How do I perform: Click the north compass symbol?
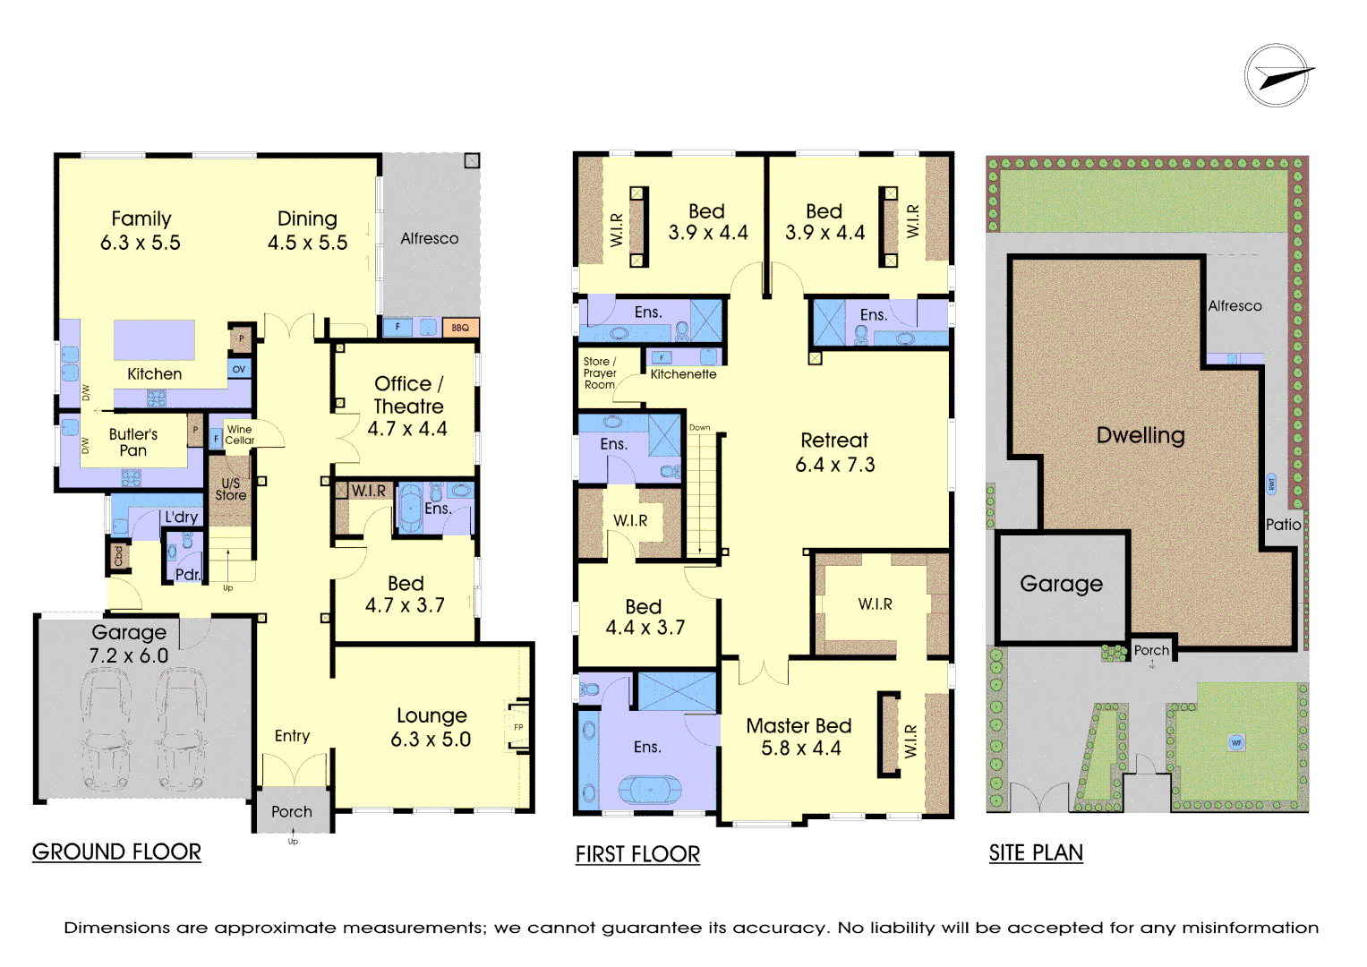tap(1277, 76)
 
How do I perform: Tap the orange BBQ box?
tap(460, 328)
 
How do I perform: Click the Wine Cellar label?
tap(239, 435)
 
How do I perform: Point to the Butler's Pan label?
tap(133, 442)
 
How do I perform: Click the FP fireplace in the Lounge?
tap(518, 727)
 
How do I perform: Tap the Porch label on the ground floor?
tap(292, 812)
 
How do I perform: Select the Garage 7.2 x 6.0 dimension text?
tap(129, 655)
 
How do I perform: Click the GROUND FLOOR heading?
tap(116, 851)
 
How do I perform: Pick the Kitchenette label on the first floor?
tap(683, 374)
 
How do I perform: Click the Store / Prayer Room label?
tap(600, 373)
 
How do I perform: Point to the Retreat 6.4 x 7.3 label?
tap(834, 452)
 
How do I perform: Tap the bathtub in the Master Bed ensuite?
tap(650, 790)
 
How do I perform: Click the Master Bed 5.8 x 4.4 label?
tap(799, 737)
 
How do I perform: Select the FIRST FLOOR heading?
tap(637, 854)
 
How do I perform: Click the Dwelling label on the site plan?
tap(1141, 436)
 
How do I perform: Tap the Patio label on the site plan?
tap(1283, 525)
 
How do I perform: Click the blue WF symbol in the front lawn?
tap(1237, 742)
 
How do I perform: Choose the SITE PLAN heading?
tap(1036, 852)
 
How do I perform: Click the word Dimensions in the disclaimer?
tap(116, 928)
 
